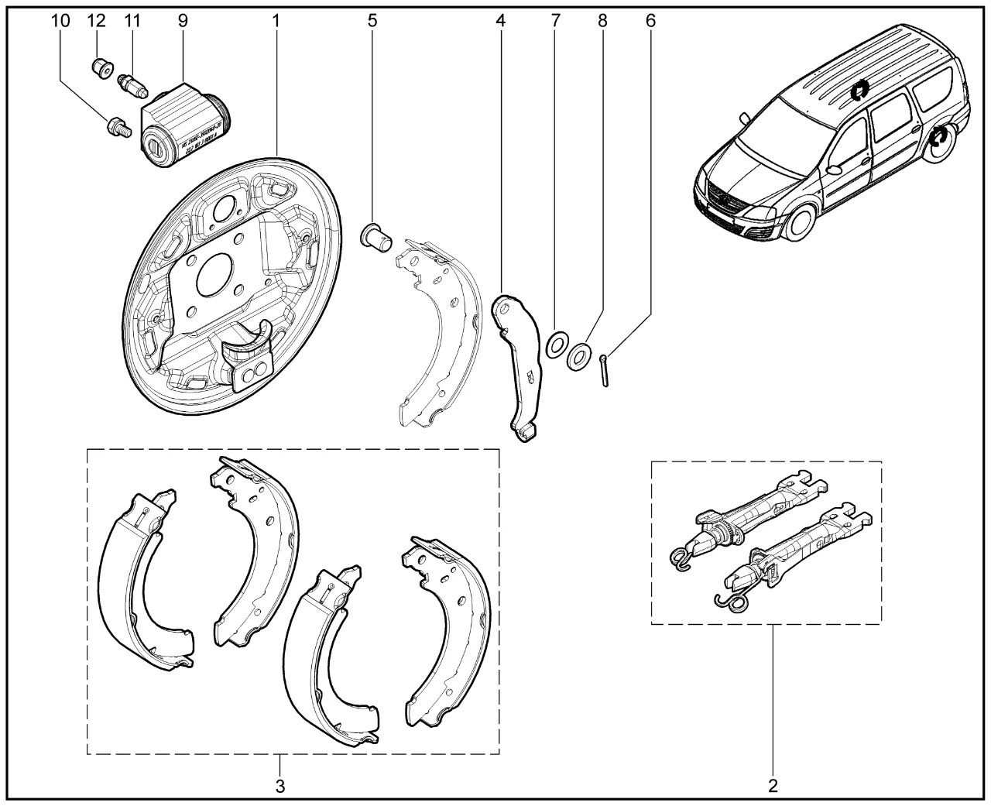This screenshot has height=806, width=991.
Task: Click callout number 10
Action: click(x=61, y=21)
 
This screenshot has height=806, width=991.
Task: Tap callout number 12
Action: click(x=96, y=21)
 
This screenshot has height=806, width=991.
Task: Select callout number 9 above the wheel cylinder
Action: click(x=183, y=21)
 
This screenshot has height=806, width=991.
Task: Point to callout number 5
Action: click(x=372, y=21)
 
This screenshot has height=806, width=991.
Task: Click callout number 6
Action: click(x=650, y=21)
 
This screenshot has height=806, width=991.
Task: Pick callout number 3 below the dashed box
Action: click(x=280, y=787)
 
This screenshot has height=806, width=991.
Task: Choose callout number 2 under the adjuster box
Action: click(x=772, y=787)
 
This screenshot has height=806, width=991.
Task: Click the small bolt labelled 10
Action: click(x=117, y=126)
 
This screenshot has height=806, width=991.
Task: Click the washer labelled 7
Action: click(x=555, y=344)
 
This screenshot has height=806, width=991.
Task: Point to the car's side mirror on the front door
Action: click(x=834, y=168)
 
